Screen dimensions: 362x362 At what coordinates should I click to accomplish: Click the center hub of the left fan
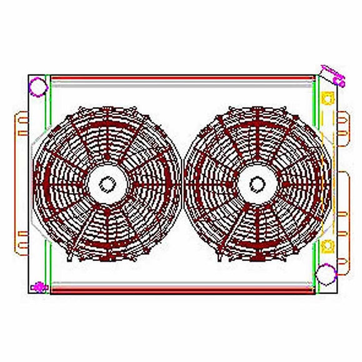click(x=107, y=184)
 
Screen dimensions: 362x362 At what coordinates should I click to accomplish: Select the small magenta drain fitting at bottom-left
click(x=39, y=287)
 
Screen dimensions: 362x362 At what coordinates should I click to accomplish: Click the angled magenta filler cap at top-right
click(x=333, y=75)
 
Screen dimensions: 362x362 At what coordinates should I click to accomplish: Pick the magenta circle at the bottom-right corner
click(x=325, y=273)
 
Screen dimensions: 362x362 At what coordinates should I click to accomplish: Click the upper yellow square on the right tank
click(x=326, y=98)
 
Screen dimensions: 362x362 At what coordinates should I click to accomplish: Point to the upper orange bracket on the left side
click(x=19, y=123)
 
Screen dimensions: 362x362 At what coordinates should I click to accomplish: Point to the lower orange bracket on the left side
click(x=19, y=243)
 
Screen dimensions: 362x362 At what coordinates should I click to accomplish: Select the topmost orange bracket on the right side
click(x=342, y=123)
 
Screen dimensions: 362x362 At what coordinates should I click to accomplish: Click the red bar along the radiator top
click(x=182, y=79)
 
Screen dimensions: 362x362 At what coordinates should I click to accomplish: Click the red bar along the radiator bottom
click(x=182, y=289)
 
